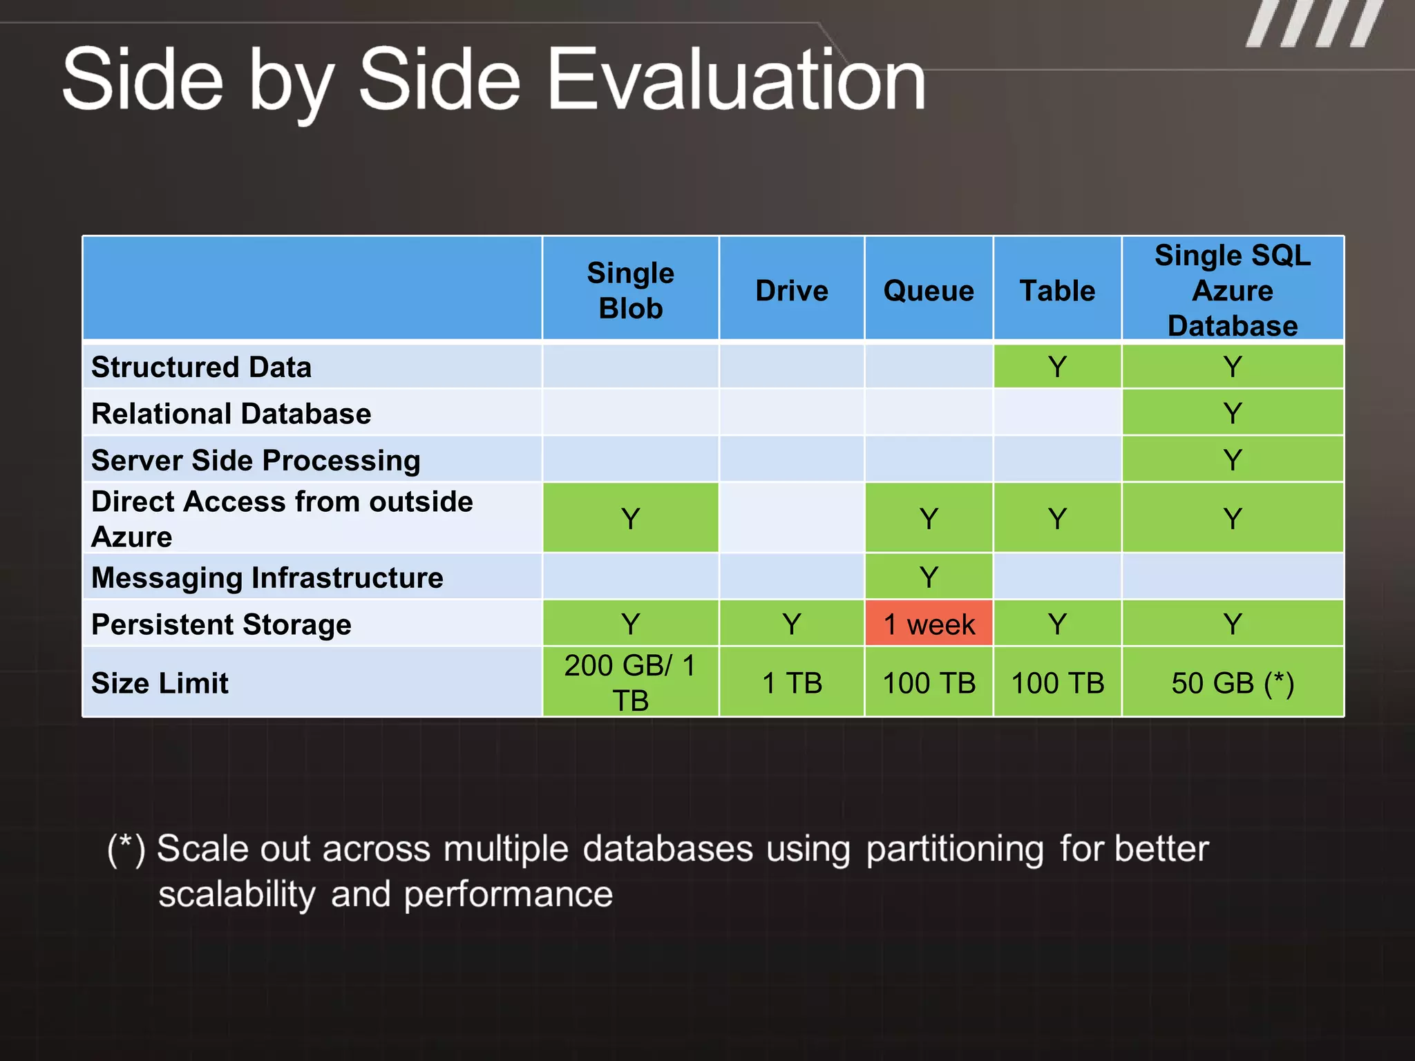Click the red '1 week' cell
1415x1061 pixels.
(929, 624)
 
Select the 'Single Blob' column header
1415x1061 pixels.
(630, 290)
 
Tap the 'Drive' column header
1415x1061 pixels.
(792, 290)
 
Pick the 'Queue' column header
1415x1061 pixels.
(929, 290)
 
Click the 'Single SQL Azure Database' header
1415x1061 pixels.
(1233, 290)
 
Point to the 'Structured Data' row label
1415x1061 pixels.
(202, 367)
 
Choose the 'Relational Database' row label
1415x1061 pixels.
(231, 414)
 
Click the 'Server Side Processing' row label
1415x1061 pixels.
(256, 460)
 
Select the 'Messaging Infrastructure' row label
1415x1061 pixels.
(267, 577)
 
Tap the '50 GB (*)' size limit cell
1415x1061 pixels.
(1233, 683)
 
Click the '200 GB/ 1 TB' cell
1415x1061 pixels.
(630, 683)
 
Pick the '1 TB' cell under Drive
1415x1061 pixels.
(792, 683)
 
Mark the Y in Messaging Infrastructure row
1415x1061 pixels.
(929, 577)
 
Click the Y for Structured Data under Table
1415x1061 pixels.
(1057, 367)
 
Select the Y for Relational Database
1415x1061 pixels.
(1233, 414)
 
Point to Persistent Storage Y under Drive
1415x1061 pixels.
(792, 624)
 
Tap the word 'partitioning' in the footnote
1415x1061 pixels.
(955, 848)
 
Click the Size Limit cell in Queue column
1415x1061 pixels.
(929, 683)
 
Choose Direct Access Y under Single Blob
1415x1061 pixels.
(630, 519)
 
